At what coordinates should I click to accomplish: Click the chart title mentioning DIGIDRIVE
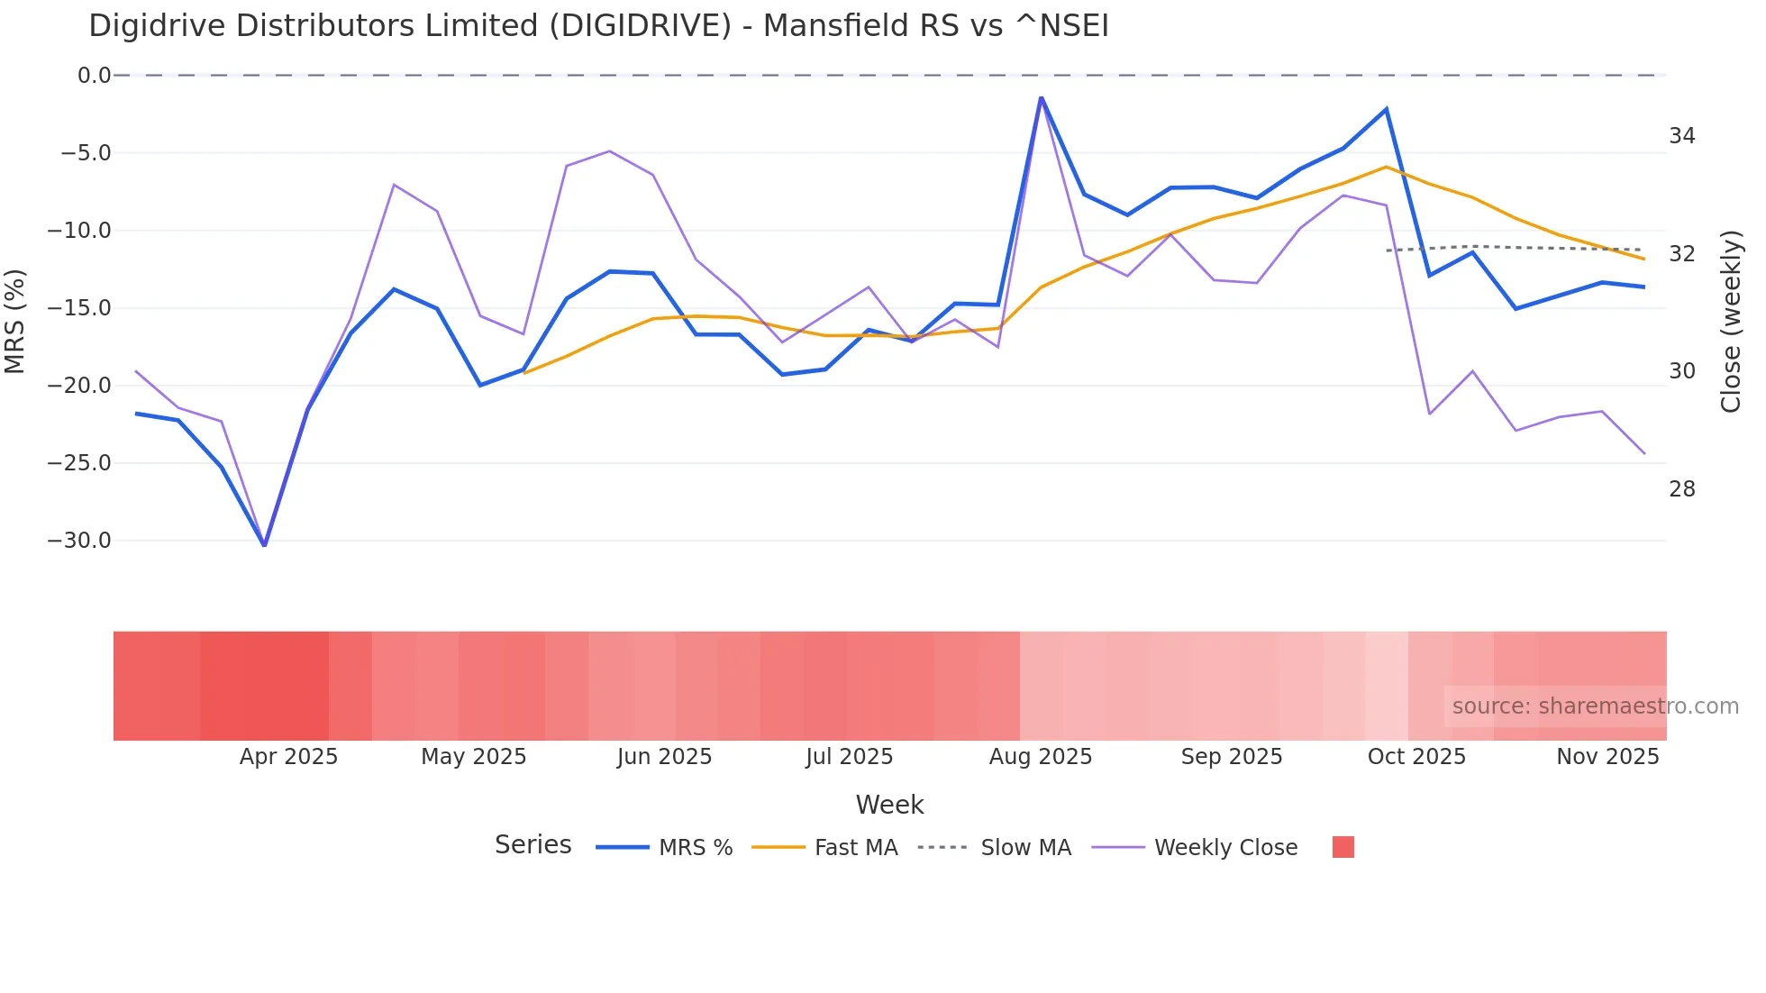point(598,26)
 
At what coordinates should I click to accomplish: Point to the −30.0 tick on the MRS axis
point(79,541)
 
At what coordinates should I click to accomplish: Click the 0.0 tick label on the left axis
point(94,76)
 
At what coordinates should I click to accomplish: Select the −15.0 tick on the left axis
point(79,308)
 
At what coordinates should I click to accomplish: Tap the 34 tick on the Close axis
point(1681,136)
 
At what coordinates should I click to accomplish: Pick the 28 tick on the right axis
point(1681,489)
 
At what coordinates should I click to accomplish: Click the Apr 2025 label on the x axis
point(288,757)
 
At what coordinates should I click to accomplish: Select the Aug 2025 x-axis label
point(1040,757)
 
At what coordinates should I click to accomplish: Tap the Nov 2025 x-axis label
point(1607,757)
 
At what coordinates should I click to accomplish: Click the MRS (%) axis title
point(15,321)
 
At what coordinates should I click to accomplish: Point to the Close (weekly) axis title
point(1731,322)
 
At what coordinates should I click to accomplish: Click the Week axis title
point(889,805)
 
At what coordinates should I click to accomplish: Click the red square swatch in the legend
point(1343,847)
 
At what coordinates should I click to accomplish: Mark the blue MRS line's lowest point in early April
point(264,545)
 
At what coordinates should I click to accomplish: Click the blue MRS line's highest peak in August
point(1041,97)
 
